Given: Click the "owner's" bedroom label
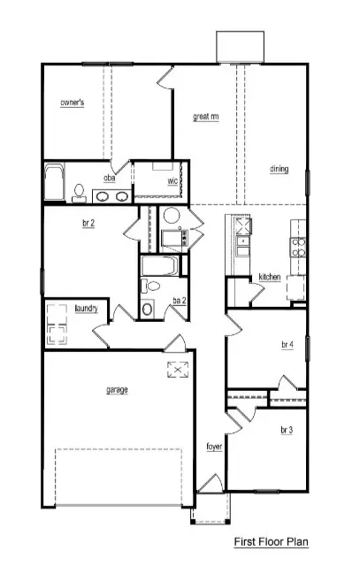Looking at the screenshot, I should [x=73, y=103].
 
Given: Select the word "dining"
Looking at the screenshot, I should [x=280, y=168].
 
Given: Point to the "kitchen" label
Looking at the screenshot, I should [x=270, y=277].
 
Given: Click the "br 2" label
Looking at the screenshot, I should [x=88, y=225].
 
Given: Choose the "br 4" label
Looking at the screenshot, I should [x=287, y=343].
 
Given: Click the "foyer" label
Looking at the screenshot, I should [x=214, y=447].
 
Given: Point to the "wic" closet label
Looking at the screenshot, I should [x=173, y=181].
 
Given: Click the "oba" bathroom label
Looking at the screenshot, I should [x=110, y=178].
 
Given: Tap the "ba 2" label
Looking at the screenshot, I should [x=180, y=301].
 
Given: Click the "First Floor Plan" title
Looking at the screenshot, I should [x=271, y=541].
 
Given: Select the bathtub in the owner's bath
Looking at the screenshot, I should [x=55, y=183].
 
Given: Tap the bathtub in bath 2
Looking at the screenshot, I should [x=160, y=264].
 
